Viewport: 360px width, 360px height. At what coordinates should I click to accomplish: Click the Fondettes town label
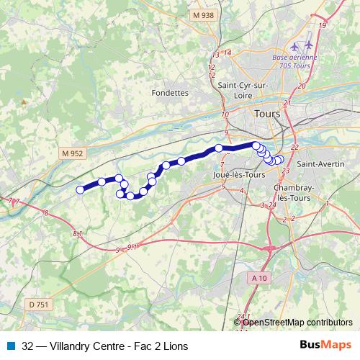[x=170, y=92]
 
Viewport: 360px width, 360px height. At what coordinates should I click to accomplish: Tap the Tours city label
[x=269, y=114]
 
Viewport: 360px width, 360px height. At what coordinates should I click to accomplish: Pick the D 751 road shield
[x=40, y=305]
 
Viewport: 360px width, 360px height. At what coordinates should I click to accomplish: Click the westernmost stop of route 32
[x=80, y=190]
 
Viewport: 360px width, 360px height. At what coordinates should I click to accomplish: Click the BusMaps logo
[x=326, y=346]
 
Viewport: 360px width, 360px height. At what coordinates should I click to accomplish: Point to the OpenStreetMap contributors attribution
[x=297, y=323]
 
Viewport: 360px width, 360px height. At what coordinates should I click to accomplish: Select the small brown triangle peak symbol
[x=23, y=102]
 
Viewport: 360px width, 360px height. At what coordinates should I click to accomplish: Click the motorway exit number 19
[x=323, y=25]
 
